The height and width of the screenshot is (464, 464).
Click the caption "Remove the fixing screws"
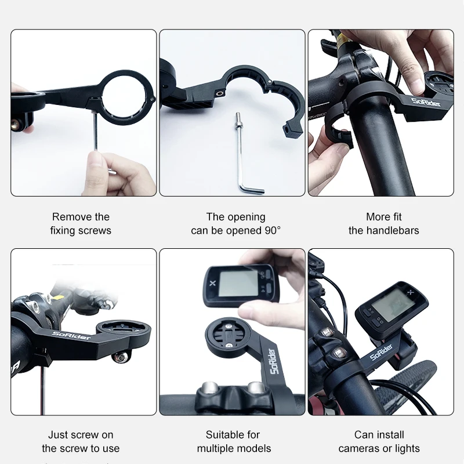(81, 223)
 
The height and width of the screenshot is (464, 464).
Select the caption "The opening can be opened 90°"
(235, 223)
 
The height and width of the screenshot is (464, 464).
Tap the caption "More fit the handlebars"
(383, 223)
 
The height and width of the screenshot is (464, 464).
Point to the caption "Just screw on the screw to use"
(81, 441)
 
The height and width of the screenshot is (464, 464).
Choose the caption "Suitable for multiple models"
(234, 441)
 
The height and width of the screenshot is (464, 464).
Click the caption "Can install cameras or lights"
(379, 441)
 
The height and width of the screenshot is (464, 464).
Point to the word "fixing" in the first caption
(64, 230)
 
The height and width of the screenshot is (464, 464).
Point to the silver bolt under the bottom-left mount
(121, 358)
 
